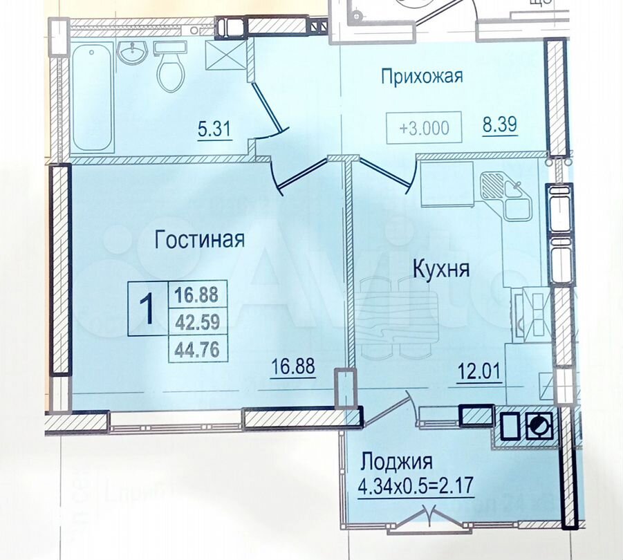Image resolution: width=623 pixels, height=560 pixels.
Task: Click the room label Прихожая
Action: [421, 76]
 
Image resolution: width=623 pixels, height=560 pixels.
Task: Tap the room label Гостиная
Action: [200, 240]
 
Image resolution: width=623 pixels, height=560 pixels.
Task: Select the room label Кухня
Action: [440, 269]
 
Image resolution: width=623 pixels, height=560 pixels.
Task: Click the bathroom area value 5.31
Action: [214, 129]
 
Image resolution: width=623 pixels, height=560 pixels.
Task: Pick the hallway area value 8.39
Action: [499, 126]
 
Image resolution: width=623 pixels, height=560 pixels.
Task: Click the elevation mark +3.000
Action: [424, 128]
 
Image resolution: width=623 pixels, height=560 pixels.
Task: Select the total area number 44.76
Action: [197, 350]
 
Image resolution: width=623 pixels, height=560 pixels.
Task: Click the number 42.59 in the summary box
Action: [197, 322]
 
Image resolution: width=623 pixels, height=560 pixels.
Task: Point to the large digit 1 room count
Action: [147, 309]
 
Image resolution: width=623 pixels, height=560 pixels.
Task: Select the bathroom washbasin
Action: [131, 52]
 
